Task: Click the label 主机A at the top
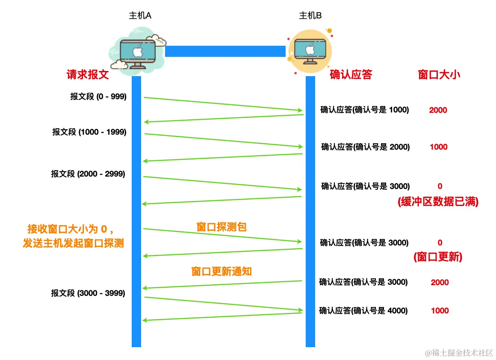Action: point(140,15)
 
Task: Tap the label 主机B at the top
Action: point(310,15)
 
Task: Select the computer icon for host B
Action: point(310,50)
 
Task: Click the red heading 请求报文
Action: point(88,75)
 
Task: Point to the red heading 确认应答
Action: point(351,75)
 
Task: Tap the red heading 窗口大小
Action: point(439,75)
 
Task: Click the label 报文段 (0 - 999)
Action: point(98,97)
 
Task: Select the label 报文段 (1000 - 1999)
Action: point(89,132)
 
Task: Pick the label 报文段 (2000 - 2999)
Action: point(88,174)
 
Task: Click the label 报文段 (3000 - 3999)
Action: point(88,293)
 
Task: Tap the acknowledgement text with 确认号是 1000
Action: point(365,110)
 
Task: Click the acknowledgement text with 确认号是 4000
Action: point(363,311)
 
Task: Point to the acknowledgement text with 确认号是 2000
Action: point(366,147)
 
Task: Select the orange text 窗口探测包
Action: point(221,227)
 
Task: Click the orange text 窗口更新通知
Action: point(221,271)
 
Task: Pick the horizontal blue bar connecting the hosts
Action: point(225,51)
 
